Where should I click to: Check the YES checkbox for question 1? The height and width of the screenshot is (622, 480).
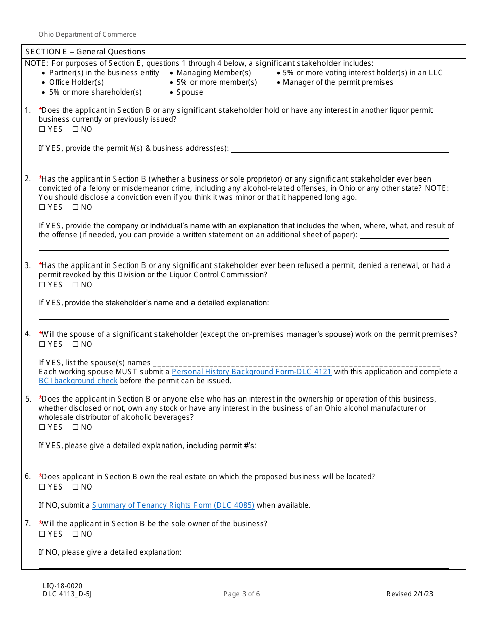(x=42, y=129)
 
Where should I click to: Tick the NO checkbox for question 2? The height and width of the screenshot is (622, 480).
(x=75, y=207)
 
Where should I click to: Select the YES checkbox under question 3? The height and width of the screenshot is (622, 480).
(x=42, y=285)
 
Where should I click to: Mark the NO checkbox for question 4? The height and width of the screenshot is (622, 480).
(x=75, y=344)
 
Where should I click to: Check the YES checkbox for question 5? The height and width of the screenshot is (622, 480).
(x=42, y=427)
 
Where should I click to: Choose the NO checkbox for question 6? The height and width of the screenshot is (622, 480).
(x=75, y=487)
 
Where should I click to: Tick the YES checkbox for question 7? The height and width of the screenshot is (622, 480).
(x=42, y=534)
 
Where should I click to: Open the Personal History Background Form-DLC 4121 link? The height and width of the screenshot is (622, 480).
(x=252, y=372)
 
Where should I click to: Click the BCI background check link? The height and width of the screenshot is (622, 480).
(x=78, y=381)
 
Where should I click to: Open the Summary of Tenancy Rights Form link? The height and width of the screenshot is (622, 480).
(x=173, y=505)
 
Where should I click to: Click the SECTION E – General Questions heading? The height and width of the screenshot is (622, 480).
(x=85, y=52)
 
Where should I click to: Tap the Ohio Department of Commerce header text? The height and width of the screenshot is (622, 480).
(x=87, y=35)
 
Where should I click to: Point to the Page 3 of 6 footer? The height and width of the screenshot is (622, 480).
(x=242, y=594)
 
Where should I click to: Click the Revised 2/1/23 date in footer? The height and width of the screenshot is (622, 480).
(x=409, y=594)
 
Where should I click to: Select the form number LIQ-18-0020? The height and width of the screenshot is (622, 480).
(x=63, y=586)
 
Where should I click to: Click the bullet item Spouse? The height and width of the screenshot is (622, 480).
(x=189, y=92)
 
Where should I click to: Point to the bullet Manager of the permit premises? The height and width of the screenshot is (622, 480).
(x=338, y=82)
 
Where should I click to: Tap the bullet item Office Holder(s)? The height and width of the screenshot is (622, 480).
(x=76, y=82)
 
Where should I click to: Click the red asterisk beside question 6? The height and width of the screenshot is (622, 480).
(x=40, y=476)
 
